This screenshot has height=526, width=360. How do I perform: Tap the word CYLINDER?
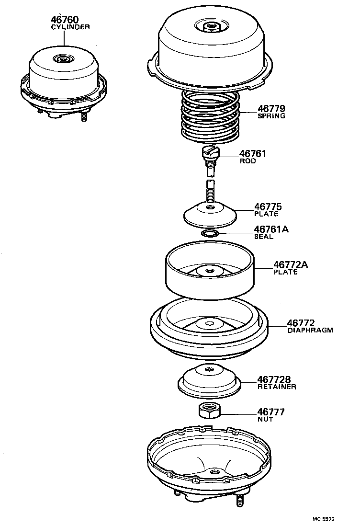click(70, 27)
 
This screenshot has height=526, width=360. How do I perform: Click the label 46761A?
click(271, 229)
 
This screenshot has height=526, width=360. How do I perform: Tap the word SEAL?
click(264, 237)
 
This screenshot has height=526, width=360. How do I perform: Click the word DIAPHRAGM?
click(310, 331)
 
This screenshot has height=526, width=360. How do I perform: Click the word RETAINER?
click(276, 387)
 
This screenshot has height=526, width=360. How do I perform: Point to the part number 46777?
click(271, 412)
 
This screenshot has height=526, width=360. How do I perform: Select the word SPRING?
click(271, 116)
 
